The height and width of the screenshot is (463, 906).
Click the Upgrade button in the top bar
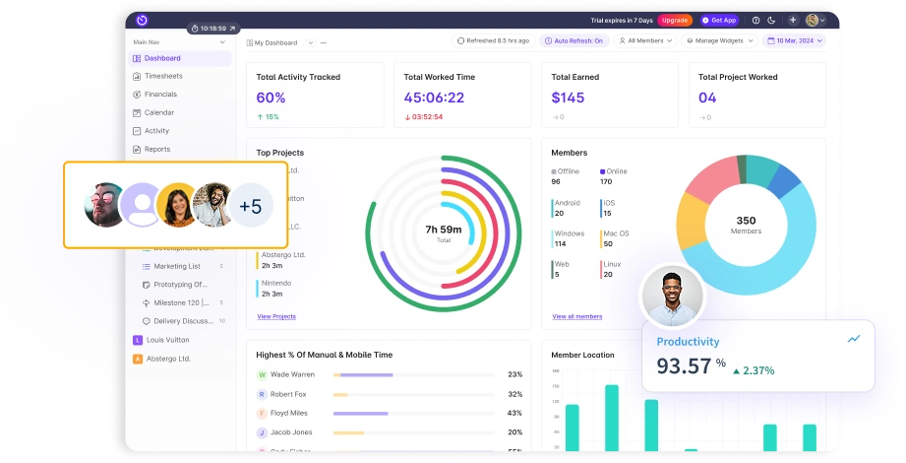pos(675,20)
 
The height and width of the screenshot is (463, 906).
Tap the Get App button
pos(719,20)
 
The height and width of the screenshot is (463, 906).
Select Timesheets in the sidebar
pos(162,76)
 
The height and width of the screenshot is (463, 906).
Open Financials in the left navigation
pos(160,95)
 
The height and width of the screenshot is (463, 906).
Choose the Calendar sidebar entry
pos(158,112)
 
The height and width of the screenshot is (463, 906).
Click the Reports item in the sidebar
pos(157,149)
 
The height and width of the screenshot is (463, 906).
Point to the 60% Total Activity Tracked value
pos(271,98)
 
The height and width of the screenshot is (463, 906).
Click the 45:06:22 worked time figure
pos(434,98)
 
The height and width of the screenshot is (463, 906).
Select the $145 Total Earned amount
pos(568,98)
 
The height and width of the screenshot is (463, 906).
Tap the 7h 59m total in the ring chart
pos(444,230)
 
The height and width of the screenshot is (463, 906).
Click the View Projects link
pos(276,316)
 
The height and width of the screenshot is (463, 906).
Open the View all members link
pos(577,316)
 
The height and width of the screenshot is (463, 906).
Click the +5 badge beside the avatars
pos(251,206)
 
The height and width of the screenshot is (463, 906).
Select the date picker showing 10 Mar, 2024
pos(794,41)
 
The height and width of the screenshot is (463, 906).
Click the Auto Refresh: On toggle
pos(574,41)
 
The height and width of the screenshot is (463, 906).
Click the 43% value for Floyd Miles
pos(514,413)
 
